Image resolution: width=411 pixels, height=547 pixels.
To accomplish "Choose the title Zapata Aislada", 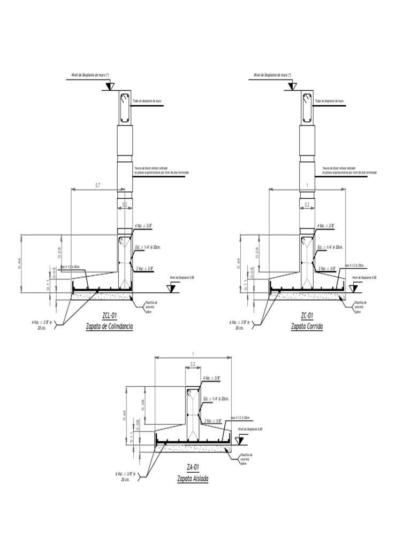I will pos(193,478).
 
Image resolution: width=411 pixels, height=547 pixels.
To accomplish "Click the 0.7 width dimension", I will pos(97,185).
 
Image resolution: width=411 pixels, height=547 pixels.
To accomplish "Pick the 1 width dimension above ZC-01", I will pos(307,185).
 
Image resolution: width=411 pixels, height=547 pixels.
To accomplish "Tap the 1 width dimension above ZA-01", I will pos(193,354).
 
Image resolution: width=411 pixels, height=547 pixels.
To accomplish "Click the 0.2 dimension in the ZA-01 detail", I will pos(193,364).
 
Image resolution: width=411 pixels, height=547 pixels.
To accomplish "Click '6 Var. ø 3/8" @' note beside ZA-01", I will pos(126,476).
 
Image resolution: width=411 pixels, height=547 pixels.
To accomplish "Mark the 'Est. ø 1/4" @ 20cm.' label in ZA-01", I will pos(216,399).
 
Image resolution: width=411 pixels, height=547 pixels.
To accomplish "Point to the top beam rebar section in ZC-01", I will pos(308,107).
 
